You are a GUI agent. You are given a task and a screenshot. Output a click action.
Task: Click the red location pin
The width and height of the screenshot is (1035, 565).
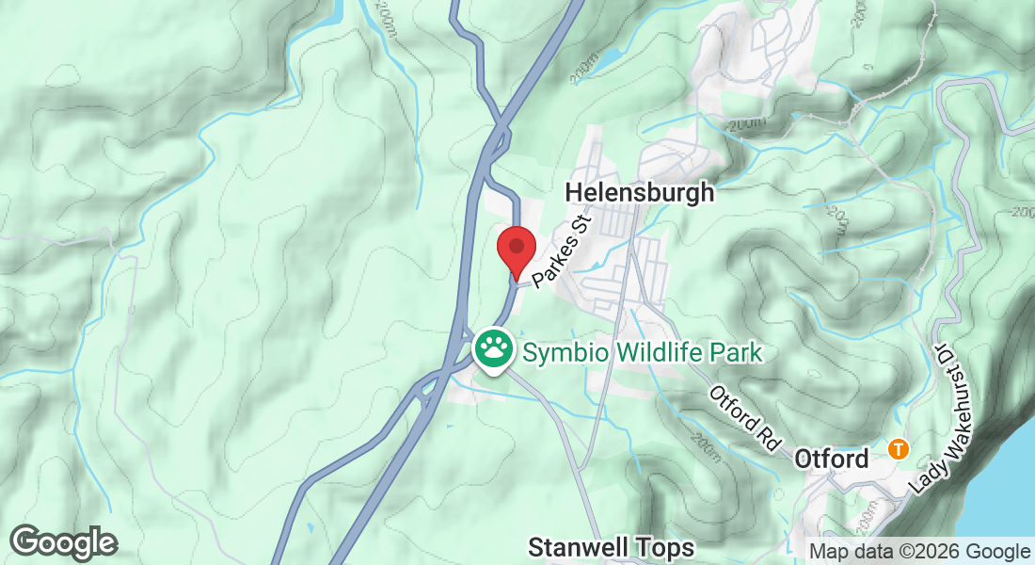tap(516, 250)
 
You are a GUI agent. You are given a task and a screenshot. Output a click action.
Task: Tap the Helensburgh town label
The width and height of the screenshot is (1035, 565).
tap(640, 193)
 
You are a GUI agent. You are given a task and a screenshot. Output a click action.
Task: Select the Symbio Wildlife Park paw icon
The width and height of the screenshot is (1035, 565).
tap(492, 350)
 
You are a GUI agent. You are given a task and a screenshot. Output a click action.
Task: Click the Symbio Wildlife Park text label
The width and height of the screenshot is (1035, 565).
tap(642, 353)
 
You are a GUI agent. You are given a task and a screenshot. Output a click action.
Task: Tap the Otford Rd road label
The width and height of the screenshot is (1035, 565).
tap(747, 415)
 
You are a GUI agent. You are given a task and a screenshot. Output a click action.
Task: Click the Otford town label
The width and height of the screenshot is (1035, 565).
tap(832, 460)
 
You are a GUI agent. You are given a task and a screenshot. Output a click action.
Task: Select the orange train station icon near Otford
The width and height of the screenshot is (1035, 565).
tap(900, 448)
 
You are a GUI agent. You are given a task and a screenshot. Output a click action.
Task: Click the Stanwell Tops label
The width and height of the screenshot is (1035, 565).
tap(612, 547)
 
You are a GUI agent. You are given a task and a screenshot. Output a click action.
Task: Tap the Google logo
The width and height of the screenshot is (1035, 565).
tap(64, 542)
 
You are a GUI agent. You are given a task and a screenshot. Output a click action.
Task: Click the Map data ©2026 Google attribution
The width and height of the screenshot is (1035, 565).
tap(920, 551)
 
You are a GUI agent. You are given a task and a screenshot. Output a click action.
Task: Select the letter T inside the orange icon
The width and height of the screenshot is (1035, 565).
tap(900, 448)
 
